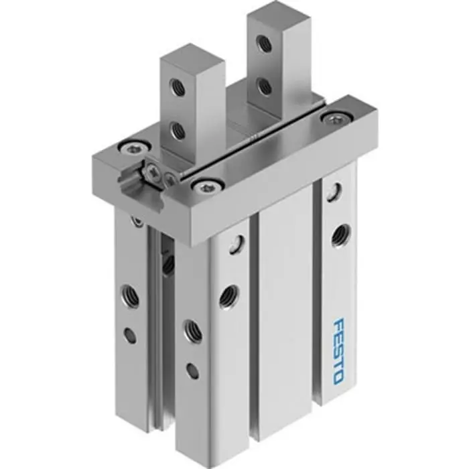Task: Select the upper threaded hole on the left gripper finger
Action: (x=178, y=86)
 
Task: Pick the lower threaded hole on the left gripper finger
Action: (x=178, y=130)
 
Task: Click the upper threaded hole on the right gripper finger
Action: (x=265, y=43)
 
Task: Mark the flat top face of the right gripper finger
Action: (x=279, y=14)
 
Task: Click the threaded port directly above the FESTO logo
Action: (x=339, y=233)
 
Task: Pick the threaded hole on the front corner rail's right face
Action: (x=228, y=293)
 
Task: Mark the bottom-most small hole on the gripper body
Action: (x=192, y=369)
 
